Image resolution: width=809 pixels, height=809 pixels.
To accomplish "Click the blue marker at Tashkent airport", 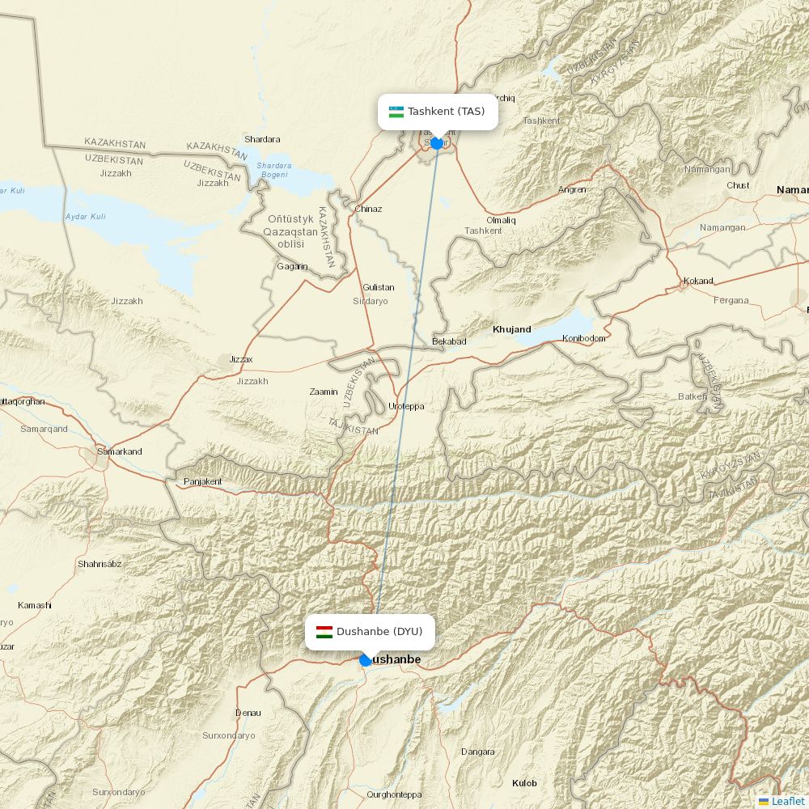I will pos(437,143).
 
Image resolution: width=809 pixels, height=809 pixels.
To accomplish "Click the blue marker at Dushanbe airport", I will pos(366,660).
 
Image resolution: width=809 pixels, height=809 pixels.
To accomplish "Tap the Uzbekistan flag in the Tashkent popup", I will pos(396,112).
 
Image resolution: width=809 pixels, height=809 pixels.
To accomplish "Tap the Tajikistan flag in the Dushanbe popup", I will pos(324,632).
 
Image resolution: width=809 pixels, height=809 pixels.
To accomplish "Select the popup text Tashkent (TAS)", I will pos(446,112).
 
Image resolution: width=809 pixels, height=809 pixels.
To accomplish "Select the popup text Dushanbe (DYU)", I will pos(379,632).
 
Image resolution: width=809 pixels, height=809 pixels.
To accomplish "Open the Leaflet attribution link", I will pos(787,801).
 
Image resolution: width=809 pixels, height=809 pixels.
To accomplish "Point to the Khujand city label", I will pos(512,329).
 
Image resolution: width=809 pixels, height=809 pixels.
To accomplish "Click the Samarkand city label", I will pos(119,451).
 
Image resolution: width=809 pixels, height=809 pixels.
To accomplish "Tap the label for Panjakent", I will pos(202,481).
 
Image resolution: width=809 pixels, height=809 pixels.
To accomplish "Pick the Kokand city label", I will pos(698,281).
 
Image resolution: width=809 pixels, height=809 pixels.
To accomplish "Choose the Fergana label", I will pos(731,300).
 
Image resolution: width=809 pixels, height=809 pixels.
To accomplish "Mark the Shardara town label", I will pos(262,139).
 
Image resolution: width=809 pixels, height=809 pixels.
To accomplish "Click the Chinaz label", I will pos(368,209).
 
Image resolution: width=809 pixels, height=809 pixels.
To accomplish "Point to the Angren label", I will pos(572,189).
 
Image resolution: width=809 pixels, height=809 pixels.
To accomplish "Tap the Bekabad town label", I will pos(450,341).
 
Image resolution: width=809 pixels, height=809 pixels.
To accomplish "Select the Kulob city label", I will pos(524,783).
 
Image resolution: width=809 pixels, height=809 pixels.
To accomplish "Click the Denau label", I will pos(248,713).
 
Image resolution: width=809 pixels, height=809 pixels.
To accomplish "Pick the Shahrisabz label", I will pos(100,564).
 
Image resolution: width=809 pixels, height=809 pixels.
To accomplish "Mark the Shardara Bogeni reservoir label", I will pos(273,170).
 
